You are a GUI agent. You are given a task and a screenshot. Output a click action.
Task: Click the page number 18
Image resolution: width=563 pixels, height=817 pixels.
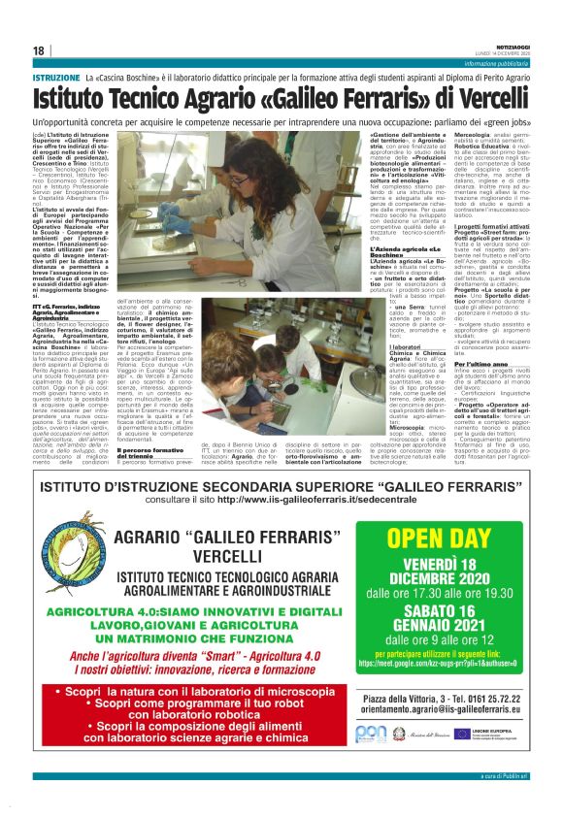[38, 50]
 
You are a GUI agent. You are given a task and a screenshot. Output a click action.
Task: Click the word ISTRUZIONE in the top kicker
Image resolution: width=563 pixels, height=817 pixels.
[55, 77]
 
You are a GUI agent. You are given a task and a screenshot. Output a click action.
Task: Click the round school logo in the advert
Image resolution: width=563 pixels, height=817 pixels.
[71, 551]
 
